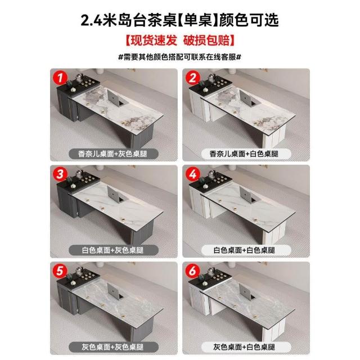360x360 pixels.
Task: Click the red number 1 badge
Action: pos(60,78)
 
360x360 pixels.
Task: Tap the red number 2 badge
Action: pos(192,78)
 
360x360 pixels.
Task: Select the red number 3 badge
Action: pos(60,174)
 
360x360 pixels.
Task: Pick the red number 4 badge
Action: pos(192,174)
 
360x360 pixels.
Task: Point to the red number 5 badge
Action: pos(60,271)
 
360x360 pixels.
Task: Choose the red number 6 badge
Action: pos(192,271)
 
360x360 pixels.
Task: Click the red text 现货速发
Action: pos(154,40)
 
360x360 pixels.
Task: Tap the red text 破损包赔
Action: pos(206,40)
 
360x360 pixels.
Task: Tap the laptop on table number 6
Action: pos(248,291)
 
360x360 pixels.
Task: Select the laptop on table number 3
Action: pos(116,193)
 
